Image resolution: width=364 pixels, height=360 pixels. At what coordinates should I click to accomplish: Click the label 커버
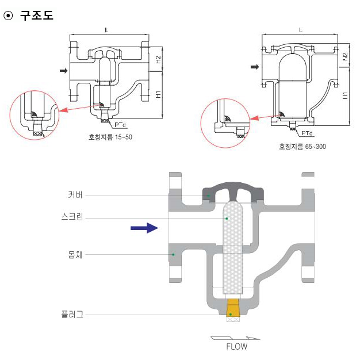[75, 195]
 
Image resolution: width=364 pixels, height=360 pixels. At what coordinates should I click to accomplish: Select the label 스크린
[72, 217]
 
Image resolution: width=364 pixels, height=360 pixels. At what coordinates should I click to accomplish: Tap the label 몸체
[75, 254]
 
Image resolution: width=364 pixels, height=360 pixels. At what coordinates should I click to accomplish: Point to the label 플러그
[72, 314]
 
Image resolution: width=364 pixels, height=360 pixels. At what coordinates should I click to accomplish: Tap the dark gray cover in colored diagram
[232, 190]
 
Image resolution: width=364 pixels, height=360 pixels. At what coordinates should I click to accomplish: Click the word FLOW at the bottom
[236, 347]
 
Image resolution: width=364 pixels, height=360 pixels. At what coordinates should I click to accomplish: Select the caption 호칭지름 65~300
[302, 147]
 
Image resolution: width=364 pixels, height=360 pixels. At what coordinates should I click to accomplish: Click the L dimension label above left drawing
[108, 29]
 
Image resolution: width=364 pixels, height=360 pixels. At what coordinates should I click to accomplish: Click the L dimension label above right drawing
[301, 30]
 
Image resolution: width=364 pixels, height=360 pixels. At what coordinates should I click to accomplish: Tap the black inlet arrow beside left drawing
[64, 71]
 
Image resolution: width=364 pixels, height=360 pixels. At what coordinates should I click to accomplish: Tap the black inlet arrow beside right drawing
[254, 67]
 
